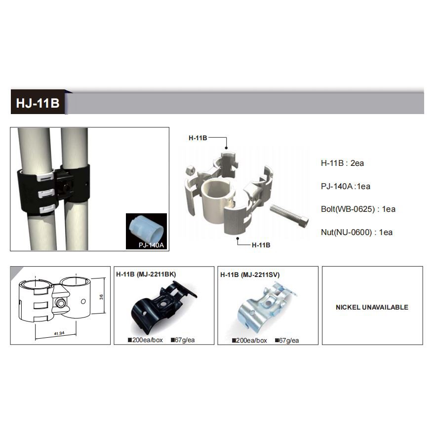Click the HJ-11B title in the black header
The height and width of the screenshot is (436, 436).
(x=38, y=103)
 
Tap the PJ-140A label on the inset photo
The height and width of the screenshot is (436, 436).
(x=151, y=245)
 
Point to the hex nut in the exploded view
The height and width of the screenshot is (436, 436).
(x=190, y=169)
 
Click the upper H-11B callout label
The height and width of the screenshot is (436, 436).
(x=198, y=138)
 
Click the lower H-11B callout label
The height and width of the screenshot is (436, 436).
(x=261, y=245)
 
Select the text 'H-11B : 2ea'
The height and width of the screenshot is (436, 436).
(x=342, y=163)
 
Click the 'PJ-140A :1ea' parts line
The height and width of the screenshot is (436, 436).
(x=346, y=186)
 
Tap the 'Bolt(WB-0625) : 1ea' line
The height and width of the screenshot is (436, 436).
(x=358, y=209)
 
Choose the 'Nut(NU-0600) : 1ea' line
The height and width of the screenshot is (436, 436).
(x=357, y=232)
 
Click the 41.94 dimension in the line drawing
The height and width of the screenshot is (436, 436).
(x=59, y=333)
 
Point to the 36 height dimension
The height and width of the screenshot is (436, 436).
(x=101, y=297)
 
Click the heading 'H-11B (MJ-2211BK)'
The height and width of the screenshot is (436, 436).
(x=146, y=275)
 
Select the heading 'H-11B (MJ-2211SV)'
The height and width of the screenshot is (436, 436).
(x=250, y=275)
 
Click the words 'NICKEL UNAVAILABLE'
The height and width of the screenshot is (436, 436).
(x=372, y=307)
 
